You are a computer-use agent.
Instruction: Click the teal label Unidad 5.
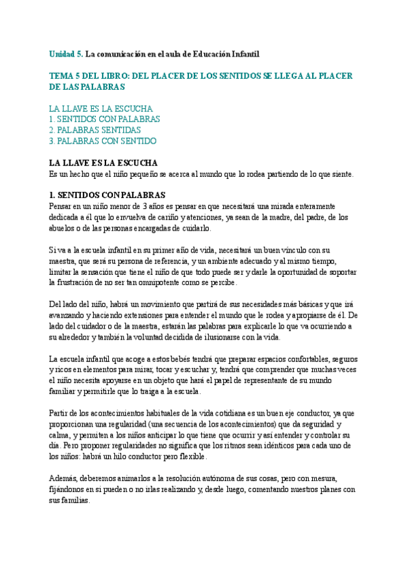(66, 54)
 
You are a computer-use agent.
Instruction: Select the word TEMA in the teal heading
(63, 76)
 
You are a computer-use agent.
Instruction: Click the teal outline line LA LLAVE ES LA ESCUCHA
(101, 108)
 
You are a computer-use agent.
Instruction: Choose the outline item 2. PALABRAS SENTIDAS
(95, 130)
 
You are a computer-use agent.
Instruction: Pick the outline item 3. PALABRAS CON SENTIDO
(103, 141)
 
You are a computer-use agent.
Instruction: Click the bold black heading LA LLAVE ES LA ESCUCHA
(103, 163)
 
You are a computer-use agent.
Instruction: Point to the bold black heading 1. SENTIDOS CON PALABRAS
(107, 195)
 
